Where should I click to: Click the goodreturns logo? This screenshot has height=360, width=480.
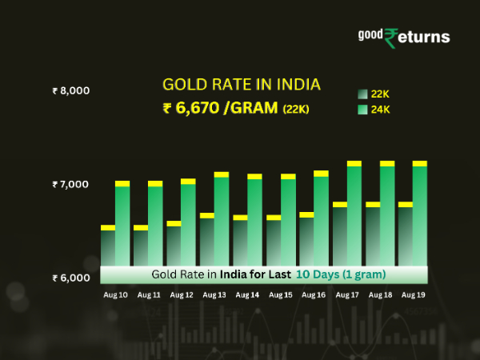pos(403,37)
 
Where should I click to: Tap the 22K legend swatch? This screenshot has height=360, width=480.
pos(362,94)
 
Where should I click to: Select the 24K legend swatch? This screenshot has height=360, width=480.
pos(362,110)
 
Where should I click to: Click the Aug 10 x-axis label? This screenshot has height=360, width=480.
pos(115,295)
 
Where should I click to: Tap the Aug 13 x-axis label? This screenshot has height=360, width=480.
pos(214,295)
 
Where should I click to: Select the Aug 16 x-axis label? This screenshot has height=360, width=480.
pos(314,295)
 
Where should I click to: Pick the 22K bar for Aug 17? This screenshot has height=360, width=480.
pos(340,236)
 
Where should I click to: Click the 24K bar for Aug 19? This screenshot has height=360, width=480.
pos(419,216)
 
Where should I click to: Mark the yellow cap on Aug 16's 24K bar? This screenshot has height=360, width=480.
pos(321,174)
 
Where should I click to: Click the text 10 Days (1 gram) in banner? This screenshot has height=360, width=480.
pos(341,274)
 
